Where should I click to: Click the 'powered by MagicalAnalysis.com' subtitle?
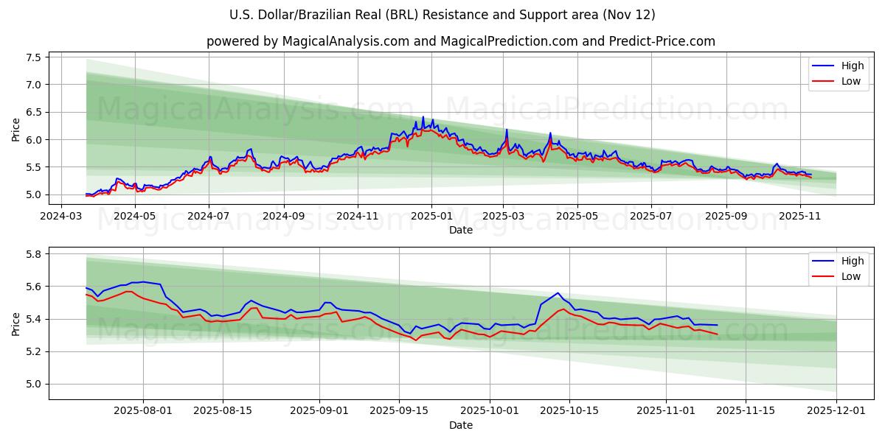click(461, 41)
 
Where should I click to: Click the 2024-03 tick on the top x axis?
click(60, 217)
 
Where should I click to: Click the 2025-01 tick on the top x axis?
click(431, 217)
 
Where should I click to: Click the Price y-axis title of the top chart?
click(16, 129)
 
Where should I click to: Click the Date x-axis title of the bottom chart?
click(461, 426)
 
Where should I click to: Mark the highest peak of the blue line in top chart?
click(423, 116)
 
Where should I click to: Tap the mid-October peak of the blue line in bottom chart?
click(558, 292)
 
